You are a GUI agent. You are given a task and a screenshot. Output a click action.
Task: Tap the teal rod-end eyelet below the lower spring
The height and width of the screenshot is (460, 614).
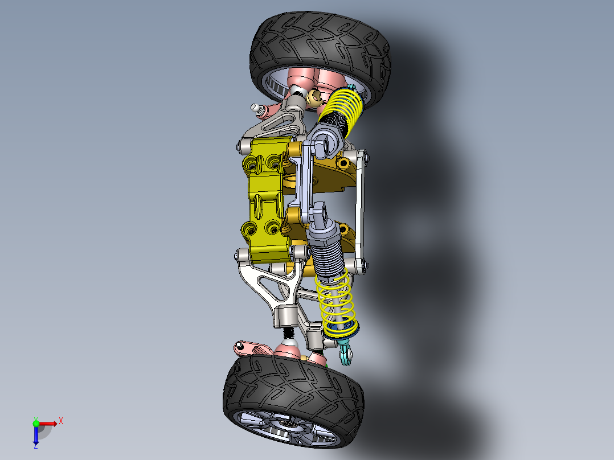coord(346,355)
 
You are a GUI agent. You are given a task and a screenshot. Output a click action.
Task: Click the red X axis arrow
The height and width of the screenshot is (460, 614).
coord(50,423)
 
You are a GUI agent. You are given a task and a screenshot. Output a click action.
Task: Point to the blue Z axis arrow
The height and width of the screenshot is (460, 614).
coord(36,436)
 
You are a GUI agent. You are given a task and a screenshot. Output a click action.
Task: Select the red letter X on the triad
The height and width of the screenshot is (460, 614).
coord(60,421)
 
